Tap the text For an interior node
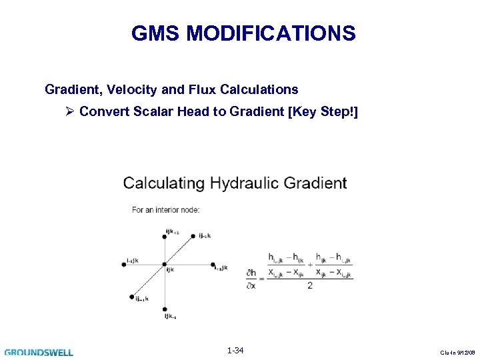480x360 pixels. (x=165, y=210)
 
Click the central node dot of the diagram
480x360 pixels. (x=165, y=265)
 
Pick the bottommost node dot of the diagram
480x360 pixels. (x=165, y=309)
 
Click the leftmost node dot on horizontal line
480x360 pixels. (x=124, y=265)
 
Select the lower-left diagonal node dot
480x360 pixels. (x=133, y=297)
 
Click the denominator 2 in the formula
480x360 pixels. (x=310, y=286)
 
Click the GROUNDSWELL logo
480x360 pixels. (x=39, y=351)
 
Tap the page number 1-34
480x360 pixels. (x=235, y=351)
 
